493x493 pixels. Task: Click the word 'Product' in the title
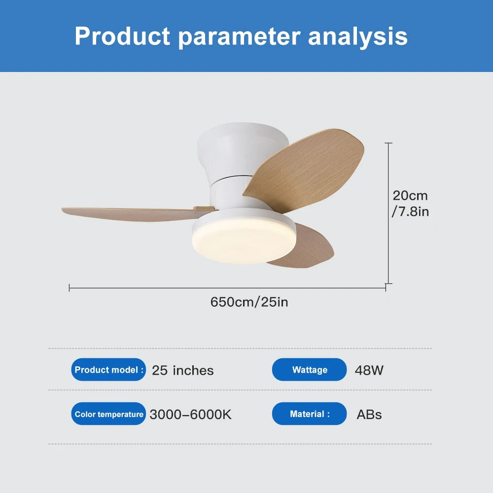123,36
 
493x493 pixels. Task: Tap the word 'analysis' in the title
358,36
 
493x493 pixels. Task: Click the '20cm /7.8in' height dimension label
410,204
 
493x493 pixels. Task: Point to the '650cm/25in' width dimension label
249,302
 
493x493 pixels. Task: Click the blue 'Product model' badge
109,370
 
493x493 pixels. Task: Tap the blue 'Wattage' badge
310,370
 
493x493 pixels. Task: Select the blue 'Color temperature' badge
109,414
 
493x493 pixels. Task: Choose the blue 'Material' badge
310,414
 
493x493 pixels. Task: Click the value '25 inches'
183,370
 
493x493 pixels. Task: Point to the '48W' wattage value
369,370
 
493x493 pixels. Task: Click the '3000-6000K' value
190,415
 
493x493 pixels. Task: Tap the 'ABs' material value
369,415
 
